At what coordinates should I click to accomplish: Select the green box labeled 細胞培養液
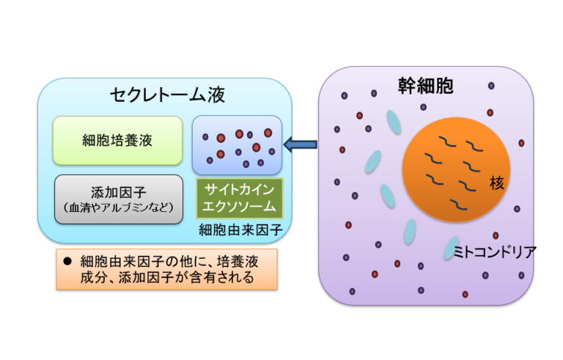tap(117, 140)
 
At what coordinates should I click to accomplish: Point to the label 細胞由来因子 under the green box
tap(240, 230)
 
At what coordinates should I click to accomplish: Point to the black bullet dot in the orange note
tap(67, 261)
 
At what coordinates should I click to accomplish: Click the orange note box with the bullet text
tap(167, 269)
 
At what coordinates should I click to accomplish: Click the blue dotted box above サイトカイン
tap(238, 144)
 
